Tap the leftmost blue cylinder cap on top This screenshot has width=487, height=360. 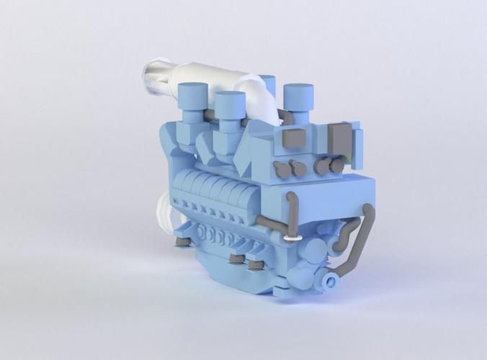[x=193, y=96]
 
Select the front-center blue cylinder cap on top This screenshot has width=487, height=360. [x=229, y=104]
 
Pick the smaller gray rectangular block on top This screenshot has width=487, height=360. [x=295, y=139]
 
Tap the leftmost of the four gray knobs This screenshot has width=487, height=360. [x=280, y=171]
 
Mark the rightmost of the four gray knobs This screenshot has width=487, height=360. [x=337, y=166]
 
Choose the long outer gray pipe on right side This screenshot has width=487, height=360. [x=364, y=238]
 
